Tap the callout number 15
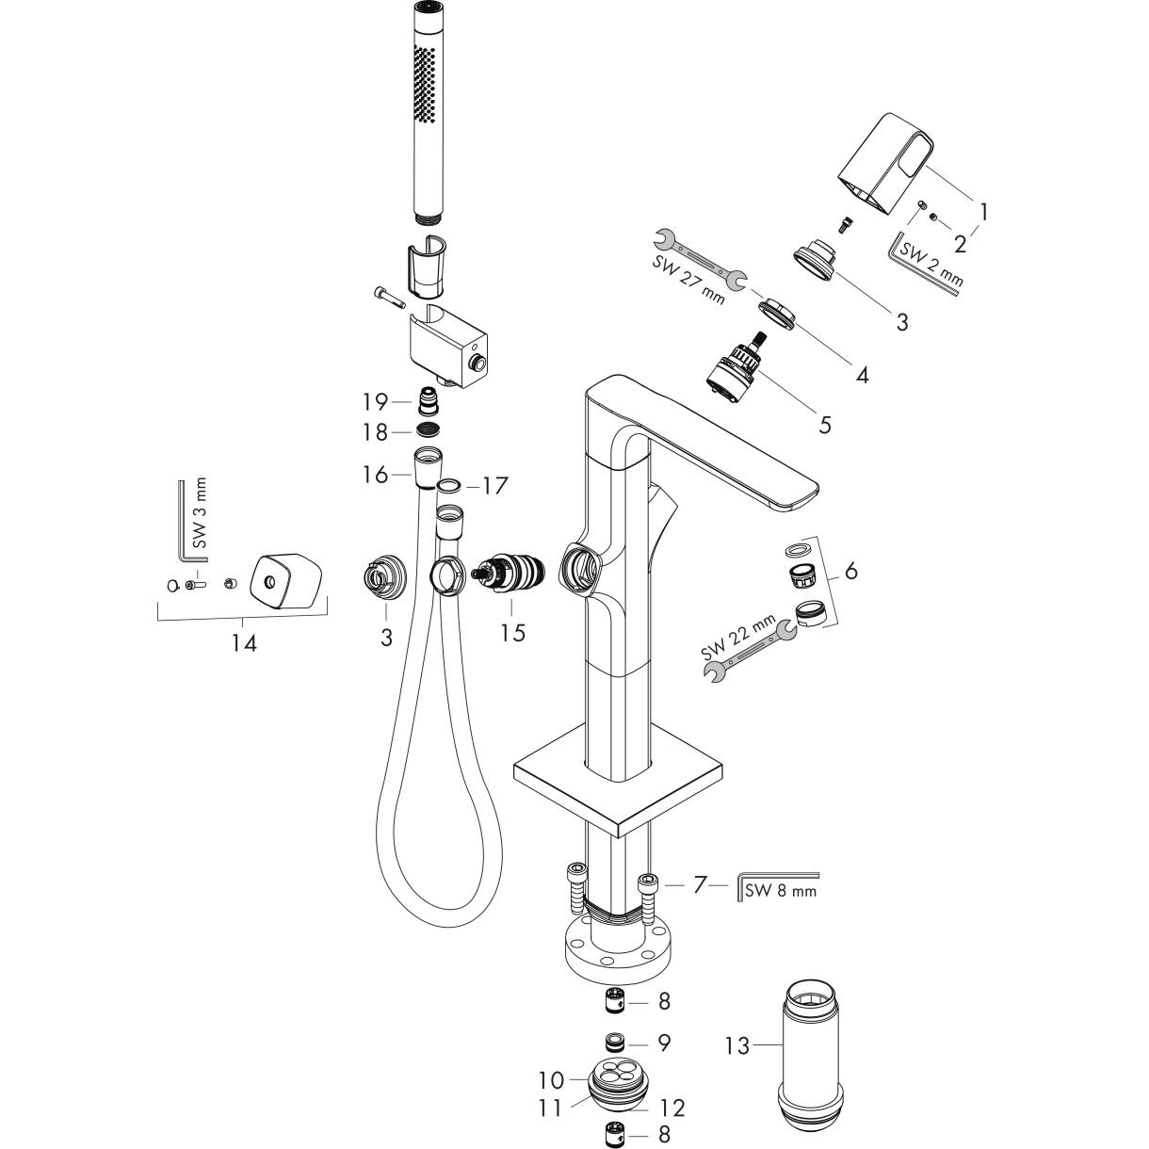512,633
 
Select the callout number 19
376,402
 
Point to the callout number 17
495,486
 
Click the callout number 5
825,425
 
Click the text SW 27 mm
688,280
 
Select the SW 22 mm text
738,638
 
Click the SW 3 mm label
200,512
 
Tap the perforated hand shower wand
429,113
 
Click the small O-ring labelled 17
448,485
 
